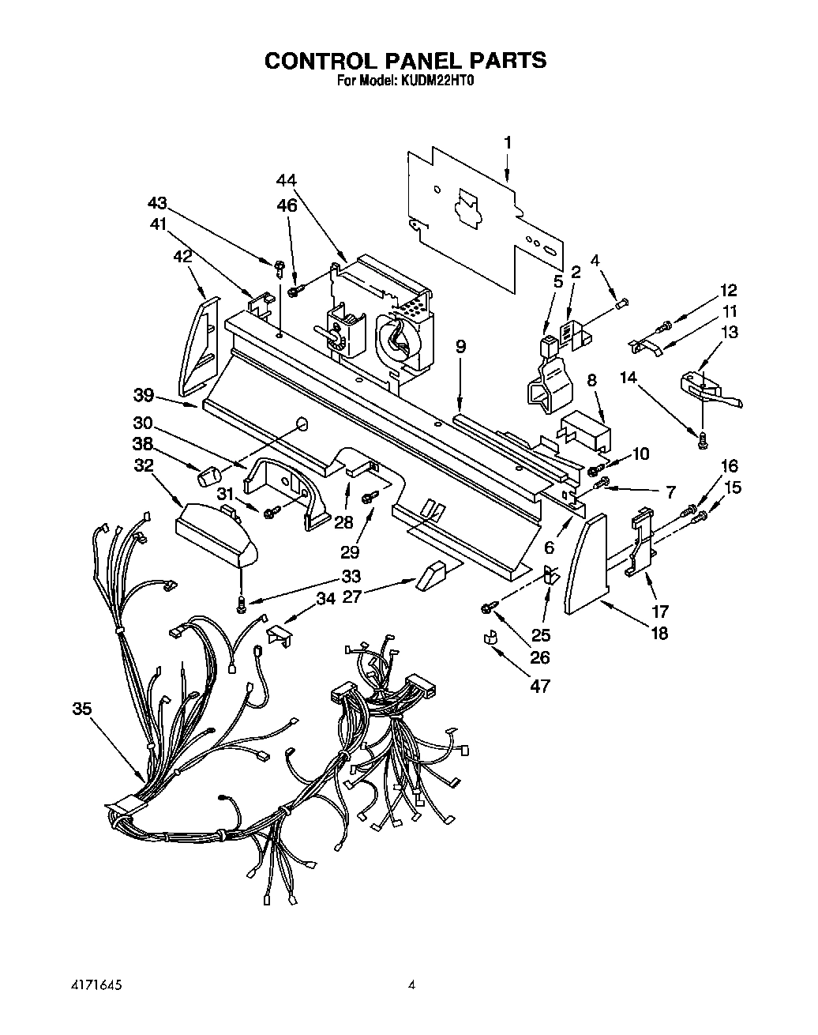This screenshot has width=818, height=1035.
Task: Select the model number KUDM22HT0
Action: [x=438, y=80]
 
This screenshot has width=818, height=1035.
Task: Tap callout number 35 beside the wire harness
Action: [x=82, y=709]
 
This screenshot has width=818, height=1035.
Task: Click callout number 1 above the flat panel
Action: [x=508, y=143]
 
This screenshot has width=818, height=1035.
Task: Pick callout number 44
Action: [x=286, y=181]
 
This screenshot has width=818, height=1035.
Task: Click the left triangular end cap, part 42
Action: [x=200, y=345]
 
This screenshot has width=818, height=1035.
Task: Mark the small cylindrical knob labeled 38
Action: [x=209, y=476]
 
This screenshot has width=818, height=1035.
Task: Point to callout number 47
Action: [x=539, y=687]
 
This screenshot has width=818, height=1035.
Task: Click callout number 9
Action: [x=461, y=346]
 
